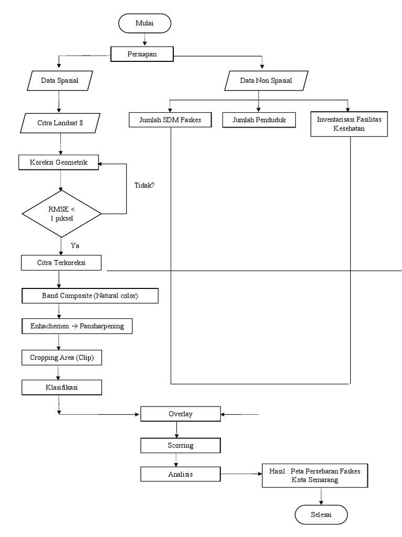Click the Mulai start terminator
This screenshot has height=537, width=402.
coord(144,24)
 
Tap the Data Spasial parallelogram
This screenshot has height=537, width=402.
coord(59,81)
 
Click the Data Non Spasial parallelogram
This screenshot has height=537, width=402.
coord(266,81)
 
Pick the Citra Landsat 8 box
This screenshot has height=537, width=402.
coord(60,123)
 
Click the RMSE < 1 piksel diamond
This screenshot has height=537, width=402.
coord(62,213)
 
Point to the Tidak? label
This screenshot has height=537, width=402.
coord(144,185)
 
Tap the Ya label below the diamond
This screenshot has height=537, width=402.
coord(74,245)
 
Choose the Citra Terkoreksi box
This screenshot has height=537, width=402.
coord(61,262)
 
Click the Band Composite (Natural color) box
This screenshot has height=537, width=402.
coord(90,296)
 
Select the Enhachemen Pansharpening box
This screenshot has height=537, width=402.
coord(77,326)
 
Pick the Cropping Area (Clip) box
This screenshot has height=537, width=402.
coord(61,358)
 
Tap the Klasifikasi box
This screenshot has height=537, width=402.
coord(61,388)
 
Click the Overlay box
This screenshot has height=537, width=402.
coord(180,414)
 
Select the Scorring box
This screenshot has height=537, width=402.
coord(180,445)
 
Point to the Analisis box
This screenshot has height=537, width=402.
coord(180,474)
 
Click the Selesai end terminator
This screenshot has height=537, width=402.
coord(321,514)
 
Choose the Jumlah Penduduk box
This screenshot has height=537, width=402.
coord(258,120)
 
